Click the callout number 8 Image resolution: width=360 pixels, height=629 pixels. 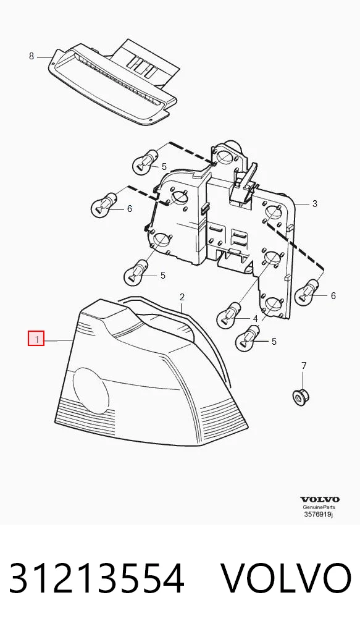click(x=31, y=57)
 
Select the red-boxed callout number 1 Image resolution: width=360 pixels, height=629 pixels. click(x=36, y=339)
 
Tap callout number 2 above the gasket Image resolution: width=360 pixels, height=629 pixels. click(x=182, y=297)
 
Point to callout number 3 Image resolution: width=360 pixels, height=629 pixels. click(x=315, y=204)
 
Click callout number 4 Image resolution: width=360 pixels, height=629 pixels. click(x=256, y=319)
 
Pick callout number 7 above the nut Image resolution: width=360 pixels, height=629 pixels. click(x=303, y=365)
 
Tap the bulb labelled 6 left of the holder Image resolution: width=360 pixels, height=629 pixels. click(x=104, y=205)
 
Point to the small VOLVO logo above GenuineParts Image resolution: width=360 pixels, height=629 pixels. click(x=320, y=499)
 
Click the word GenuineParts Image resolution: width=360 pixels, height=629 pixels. click(x=319, y=507)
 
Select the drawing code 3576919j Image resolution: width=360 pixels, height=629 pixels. click(x=318, y=514)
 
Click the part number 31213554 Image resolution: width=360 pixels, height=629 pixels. click(x=96, y=578)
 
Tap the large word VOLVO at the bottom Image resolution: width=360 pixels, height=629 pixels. click(x=287, y=578)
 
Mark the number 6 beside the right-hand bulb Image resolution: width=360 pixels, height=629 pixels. click(x=333, y=295)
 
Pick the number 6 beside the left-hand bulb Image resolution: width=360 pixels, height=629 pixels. click(x=129, y=209)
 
